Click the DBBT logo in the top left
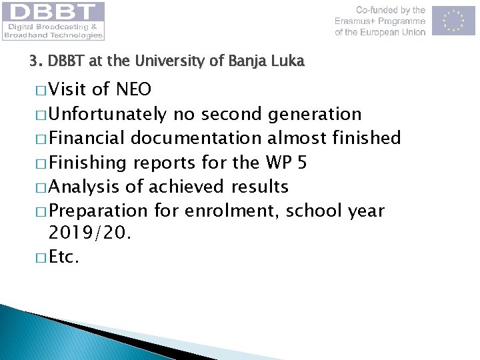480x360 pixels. point(53,21)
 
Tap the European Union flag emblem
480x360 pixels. point(453,21)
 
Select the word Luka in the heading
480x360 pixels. point(288,61)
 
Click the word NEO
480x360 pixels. point(133,89)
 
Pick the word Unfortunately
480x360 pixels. point(108,115)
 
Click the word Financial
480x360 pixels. point(87,139)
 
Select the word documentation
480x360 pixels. point(197,139)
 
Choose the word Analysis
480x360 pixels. point(85,187)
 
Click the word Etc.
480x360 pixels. point(65,257)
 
